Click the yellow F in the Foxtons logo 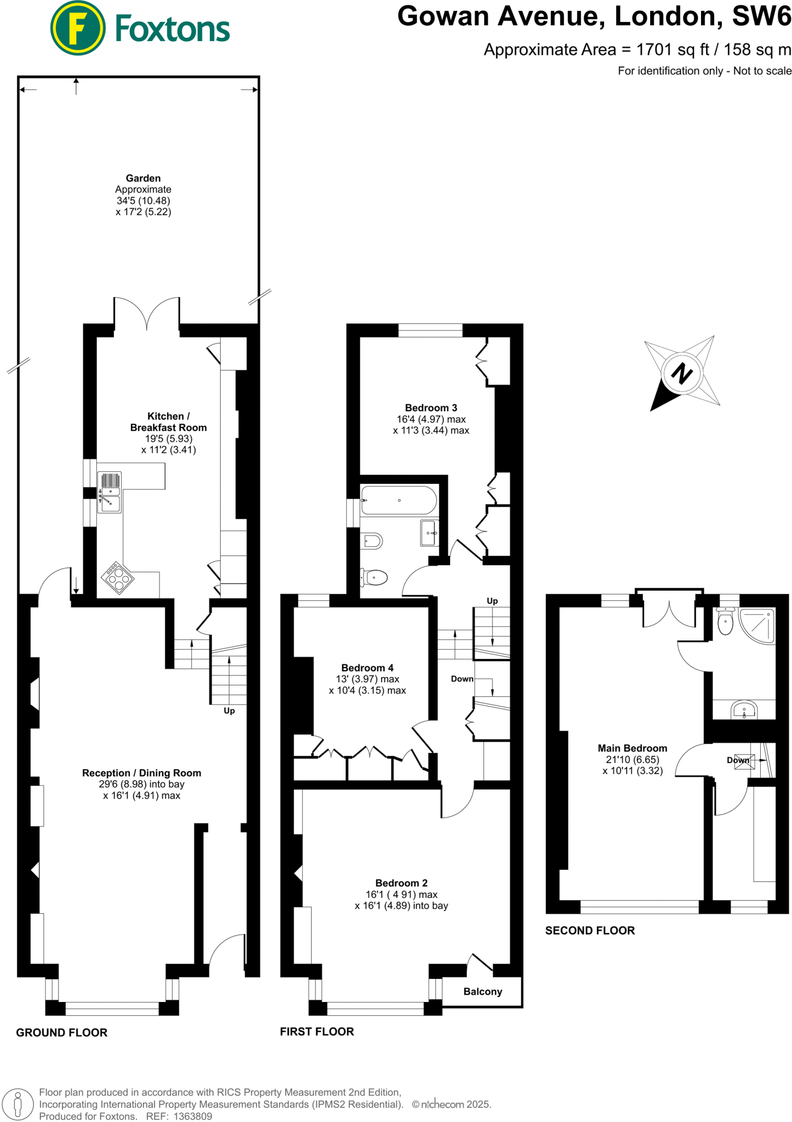(x=77, y=28)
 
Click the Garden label (x=143, y=178)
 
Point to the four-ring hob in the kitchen (x=118, y=577)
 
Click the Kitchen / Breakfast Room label (x=168, y=422)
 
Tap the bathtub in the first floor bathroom (x=399, y=500)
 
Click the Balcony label (x=483, y=992)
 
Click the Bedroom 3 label (x=431, y=408)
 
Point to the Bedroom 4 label (x=367, y=668)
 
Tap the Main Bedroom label (x=632, y=748)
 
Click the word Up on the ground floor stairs (x=229, y=711)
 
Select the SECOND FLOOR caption (x=590, y=930)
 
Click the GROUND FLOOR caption (x=61, y=1033)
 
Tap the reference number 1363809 (x=193, y=1116)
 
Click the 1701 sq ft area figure (x=673, y=50)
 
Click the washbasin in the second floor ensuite (x=744, y=711)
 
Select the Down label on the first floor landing (x=462, y=679)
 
